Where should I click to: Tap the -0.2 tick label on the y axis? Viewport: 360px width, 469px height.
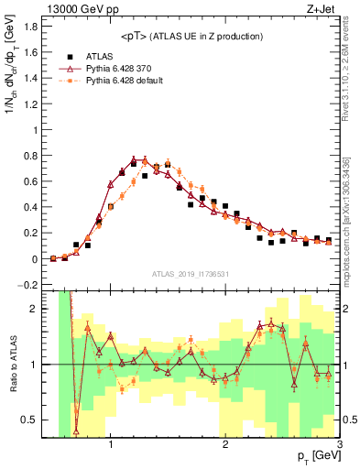30,285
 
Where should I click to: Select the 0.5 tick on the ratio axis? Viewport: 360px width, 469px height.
32,420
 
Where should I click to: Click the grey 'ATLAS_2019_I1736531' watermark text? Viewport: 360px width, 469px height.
192,274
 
